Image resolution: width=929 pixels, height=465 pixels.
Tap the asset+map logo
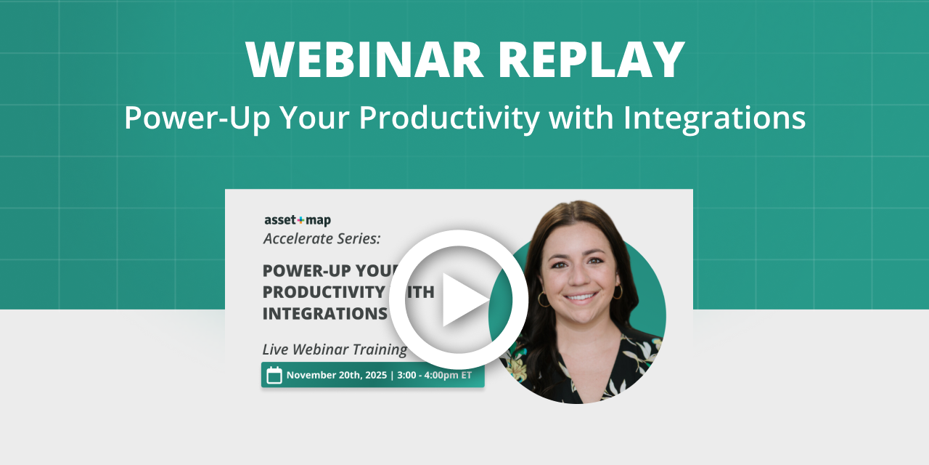click(297, 220)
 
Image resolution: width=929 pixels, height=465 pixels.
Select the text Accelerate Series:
click(322, 238)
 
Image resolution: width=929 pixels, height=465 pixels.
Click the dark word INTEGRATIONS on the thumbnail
click(324, 314)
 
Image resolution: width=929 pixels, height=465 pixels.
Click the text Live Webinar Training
click(334, 349)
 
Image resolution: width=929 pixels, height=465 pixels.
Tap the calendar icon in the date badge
click(274, 375)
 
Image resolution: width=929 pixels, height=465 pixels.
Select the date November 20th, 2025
click(337, 375)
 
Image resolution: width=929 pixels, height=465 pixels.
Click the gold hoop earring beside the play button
click(543, 299)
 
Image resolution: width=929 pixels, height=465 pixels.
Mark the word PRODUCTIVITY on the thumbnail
click(323, 292)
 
